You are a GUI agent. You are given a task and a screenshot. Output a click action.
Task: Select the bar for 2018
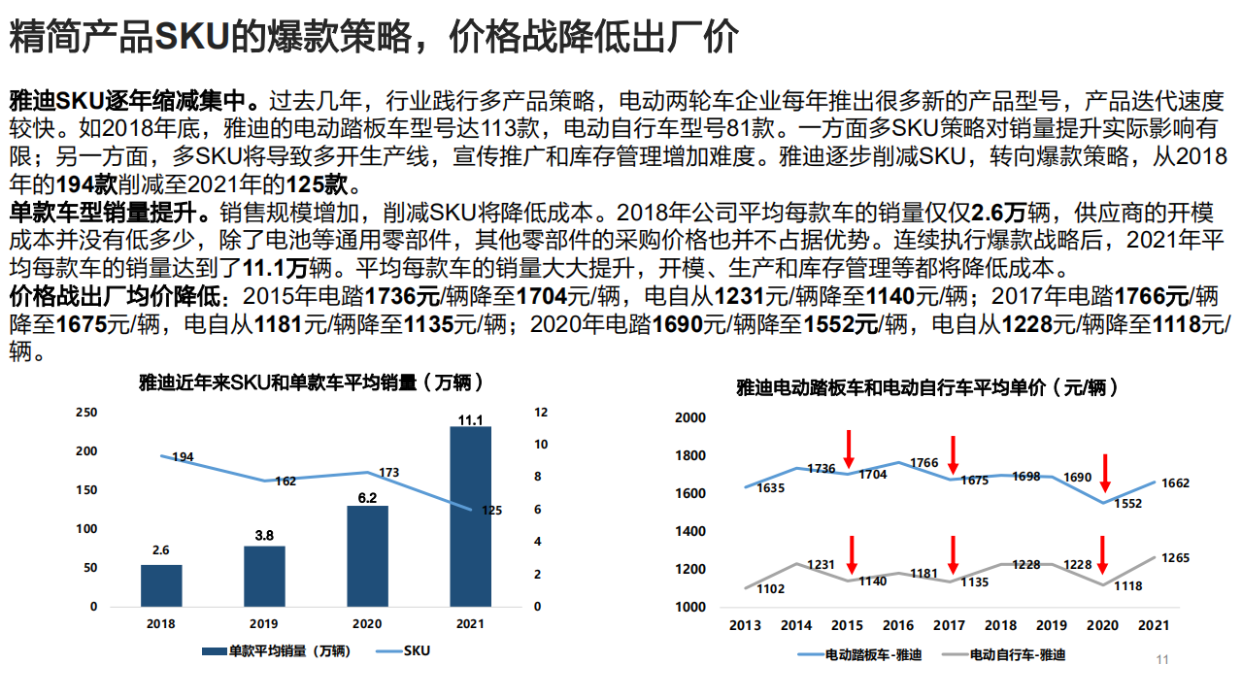click(x=161, y=585)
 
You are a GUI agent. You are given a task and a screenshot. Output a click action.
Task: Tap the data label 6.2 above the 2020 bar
click(x=367, y=497)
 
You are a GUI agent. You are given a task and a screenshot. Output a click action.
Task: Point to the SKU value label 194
click(x=183, y=456)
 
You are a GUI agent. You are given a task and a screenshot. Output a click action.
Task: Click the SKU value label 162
click(x=285, y=482)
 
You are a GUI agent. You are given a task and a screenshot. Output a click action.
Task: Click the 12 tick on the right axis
click(x=542, y=413)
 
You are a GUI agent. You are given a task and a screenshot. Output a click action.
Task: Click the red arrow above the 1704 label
click(x=849, y=449)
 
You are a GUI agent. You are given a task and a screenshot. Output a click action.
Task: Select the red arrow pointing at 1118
click(x=1103, y=554)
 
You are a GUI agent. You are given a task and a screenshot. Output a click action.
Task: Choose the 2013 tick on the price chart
click(x=745, y=626)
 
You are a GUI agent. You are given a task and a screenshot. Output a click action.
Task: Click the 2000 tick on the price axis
click(x=689, y=417)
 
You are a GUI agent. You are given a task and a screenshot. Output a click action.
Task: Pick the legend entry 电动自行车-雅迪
click(x=1017, y=655)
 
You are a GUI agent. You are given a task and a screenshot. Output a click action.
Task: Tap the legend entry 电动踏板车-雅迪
click(x=872, y=655)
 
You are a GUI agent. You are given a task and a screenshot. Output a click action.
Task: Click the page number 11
click(x=1162, y=661)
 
